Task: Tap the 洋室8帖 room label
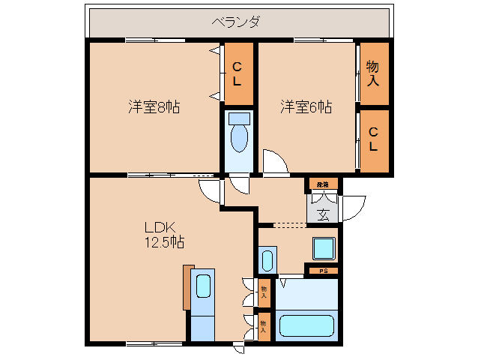[153, 106]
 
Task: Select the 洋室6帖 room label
[306, 106]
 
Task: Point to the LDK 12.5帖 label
[164, 234]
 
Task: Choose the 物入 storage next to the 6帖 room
[372, 73]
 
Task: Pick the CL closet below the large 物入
[372, 140]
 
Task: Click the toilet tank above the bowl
[239, 118]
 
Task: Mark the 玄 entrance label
[323, 214]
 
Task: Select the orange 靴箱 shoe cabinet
[322, 184]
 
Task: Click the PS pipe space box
[322, 270]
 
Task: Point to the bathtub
[306, 326]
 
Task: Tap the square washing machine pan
[324, 248]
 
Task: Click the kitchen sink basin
[202, 286]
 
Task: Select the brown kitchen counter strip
[188, 286]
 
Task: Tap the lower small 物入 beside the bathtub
[264, 325]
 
